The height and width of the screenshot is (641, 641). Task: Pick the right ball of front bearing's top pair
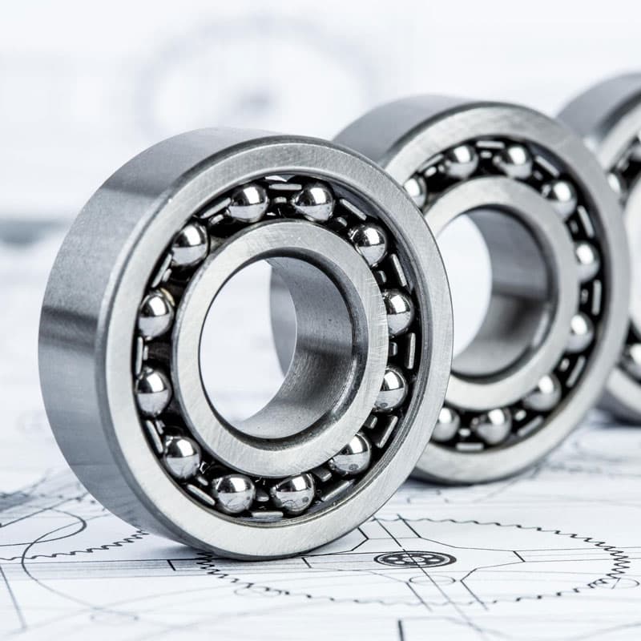point(313,200)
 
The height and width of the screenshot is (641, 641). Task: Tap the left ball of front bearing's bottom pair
point(233,492)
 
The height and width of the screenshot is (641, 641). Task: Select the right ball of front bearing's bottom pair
point(292,492)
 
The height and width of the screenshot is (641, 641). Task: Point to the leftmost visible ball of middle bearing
point(415,189)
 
